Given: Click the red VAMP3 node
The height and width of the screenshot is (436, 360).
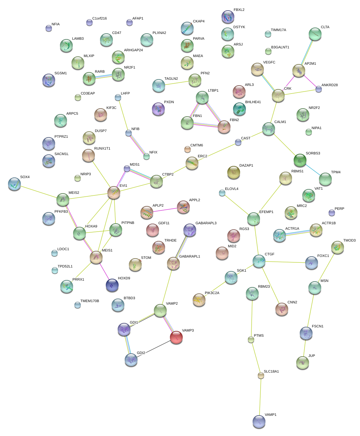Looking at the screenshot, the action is tap(176, 337).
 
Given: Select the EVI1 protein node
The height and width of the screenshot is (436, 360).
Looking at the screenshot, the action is tap(114, 192).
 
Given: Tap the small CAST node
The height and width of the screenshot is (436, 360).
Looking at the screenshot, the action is tap(238, 142).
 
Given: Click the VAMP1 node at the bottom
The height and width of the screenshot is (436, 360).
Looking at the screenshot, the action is tap(259, 421).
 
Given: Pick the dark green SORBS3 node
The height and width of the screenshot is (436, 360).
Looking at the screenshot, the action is tap(300, 160).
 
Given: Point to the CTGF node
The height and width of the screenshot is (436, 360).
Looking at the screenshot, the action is tap(259, 261).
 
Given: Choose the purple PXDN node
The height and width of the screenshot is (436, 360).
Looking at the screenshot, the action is tap(158, 109).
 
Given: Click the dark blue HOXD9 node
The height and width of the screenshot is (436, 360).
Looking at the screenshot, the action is tap(112, 285).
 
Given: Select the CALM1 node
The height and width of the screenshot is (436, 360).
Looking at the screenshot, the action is tap(268, 128).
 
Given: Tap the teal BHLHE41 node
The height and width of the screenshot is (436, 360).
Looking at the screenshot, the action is tap(239, 109).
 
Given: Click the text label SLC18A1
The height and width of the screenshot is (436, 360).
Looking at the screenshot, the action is tap(271, 372).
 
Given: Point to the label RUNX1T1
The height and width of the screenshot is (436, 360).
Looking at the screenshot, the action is tap(102, 149).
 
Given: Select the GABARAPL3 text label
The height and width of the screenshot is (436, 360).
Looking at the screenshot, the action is tap(206, 223).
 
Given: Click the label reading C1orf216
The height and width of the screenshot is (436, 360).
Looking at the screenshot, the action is tap(99, 19).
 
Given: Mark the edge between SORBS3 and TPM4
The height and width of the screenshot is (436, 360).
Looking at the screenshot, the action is tap(313, 170).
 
